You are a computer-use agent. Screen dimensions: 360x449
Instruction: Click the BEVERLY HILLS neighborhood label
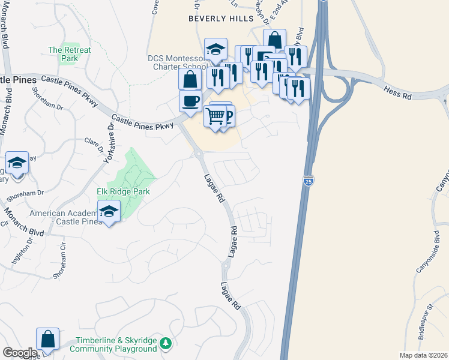(x=221, y=19)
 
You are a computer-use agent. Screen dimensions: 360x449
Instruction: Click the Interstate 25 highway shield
(x=307, y=181)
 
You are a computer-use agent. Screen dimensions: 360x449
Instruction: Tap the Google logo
(x=20, y=353)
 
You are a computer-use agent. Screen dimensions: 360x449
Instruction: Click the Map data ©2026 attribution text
(x=423, y=355)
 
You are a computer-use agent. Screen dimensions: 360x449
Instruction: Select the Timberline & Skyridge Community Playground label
(x=114, y=344)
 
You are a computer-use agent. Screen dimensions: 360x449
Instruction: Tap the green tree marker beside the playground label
(x=167, y=344)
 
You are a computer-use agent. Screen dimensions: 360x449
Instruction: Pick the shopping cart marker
(x=215, y=115)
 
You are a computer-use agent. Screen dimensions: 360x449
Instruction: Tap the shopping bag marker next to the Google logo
(x=47, y=339)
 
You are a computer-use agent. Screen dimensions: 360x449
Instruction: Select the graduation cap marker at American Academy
(x=109, y=211)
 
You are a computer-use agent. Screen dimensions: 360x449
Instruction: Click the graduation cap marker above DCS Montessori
(x=215, y=49)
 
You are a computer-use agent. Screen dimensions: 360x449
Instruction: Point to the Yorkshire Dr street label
(x=109, y=143)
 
